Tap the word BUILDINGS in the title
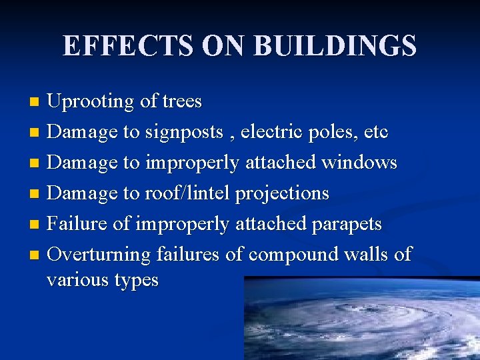(335, 47)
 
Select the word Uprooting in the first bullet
(91, 102)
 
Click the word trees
(181, 102)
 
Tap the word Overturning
(99, 255)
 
